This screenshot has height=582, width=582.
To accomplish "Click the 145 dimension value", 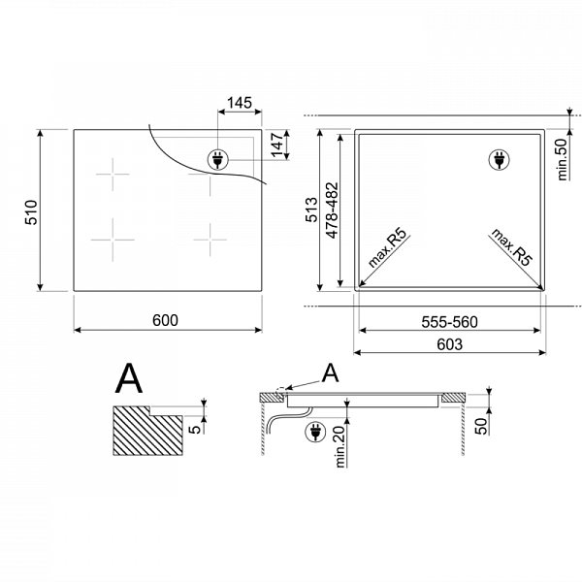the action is click(x=240, y=103).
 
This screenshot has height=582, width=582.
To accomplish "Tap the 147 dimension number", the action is click(x=277, y=145).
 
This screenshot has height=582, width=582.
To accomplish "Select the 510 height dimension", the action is click(x=31, y=212).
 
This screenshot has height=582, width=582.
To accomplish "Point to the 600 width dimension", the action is click(x=165, y=320).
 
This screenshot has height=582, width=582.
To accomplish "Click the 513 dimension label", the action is click(x=311, y=210).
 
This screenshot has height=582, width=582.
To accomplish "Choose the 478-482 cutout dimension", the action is click(x=332, y=210).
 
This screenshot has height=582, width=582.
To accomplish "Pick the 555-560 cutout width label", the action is click(x=449, y=322).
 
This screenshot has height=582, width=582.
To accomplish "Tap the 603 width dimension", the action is click(x=449, y=344).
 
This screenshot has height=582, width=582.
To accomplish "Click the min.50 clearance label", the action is click(x=563, y=160).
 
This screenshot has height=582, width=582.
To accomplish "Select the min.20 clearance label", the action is click(x=340, y=446).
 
